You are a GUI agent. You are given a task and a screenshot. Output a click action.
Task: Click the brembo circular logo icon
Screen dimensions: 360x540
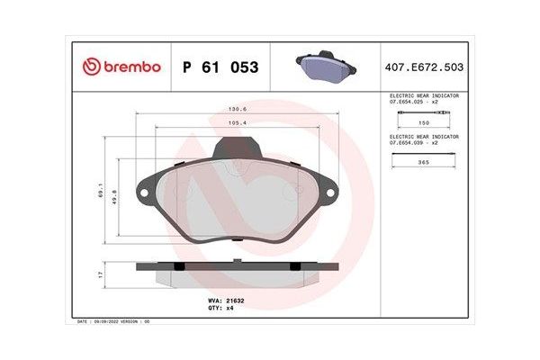[91, 67]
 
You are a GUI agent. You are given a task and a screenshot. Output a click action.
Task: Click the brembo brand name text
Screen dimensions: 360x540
[132, 67]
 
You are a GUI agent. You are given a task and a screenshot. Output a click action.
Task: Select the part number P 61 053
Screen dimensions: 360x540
[220, 67]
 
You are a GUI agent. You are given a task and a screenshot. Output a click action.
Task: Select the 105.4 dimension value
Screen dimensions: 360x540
[237, 124]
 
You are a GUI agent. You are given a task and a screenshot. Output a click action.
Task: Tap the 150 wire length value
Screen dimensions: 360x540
[422, 121]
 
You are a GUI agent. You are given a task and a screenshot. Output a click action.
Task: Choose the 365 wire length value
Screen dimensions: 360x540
[422, 164]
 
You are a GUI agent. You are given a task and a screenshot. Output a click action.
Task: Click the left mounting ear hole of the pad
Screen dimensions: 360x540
[143, 190]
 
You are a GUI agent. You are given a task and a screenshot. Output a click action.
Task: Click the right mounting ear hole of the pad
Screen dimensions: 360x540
[329, 190]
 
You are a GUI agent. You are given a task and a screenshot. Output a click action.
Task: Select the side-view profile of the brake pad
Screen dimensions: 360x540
[237, 267]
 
